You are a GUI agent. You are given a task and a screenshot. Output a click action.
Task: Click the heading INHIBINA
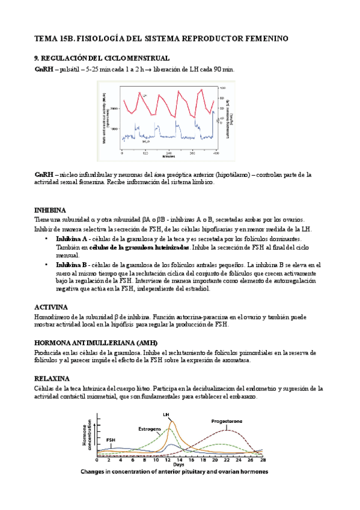[x=50, y=210]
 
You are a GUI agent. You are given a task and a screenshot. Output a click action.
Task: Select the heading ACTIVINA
[x=50, y=307]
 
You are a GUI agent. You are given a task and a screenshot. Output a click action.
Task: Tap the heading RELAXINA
[x=52, y=378]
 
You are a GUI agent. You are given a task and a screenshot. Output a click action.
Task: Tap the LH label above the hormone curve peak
[x=166, y=414]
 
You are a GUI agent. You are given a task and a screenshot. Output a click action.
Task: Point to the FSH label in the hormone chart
[x=111, y=440]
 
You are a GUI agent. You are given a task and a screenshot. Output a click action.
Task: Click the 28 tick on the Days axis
[x=260, y=459]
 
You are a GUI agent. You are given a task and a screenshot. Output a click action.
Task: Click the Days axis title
[x=178, y=465]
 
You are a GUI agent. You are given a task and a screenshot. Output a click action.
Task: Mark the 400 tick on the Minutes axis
[x=215, y=154]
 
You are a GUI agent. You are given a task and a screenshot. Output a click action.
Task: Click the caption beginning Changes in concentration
[x=174, y=472]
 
